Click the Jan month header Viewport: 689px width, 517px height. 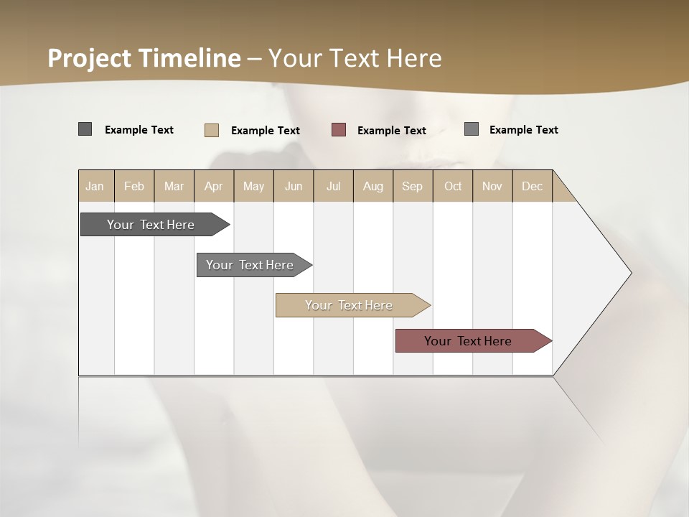point(95,186)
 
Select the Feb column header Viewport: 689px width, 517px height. point(134,186)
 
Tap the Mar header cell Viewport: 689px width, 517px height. point(174,186)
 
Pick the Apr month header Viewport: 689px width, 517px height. point(214,186)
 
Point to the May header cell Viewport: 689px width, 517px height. point(253,186)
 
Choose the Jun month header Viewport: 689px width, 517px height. point(294,186)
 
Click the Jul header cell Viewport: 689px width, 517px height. point(333,186)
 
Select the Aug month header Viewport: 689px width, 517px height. point(373,186)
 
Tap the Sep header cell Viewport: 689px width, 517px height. point(413,186)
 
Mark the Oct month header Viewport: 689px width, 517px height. point(453,186)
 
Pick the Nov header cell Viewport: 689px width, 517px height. point(492,186)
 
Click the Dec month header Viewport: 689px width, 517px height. point(532,186)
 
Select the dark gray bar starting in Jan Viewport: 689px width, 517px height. point(151,225)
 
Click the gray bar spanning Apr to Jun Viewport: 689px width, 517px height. point(250,265)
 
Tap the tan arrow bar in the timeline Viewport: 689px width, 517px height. point(350,305)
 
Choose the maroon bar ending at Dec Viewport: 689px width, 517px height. point(469,341)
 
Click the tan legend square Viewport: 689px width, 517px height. point(212,130)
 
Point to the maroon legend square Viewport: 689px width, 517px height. point(339,130)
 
